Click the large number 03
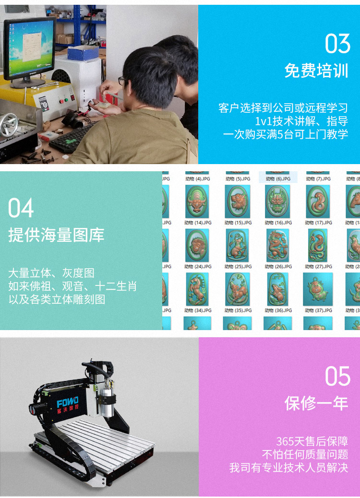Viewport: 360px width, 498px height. tap(337, 44)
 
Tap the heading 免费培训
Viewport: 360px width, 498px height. tap(316, 71)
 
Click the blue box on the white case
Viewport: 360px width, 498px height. tap(83, 52)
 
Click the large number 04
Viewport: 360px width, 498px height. tap(21, 208)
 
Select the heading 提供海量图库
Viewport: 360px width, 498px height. tap(56, 235)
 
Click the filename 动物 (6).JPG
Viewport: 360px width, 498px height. tap(278, 179)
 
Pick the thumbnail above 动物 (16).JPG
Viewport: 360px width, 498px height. tap(277, 201)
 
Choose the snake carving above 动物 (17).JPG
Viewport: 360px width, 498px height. tap(318, 201)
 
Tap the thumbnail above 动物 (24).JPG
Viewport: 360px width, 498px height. tap(197, 245)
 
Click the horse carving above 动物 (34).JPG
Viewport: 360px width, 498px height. tap(197, 289)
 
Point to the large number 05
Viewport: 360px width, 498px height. tap(337, 376)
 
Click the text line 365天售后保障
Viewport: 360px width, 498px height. tap(312, 441)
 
